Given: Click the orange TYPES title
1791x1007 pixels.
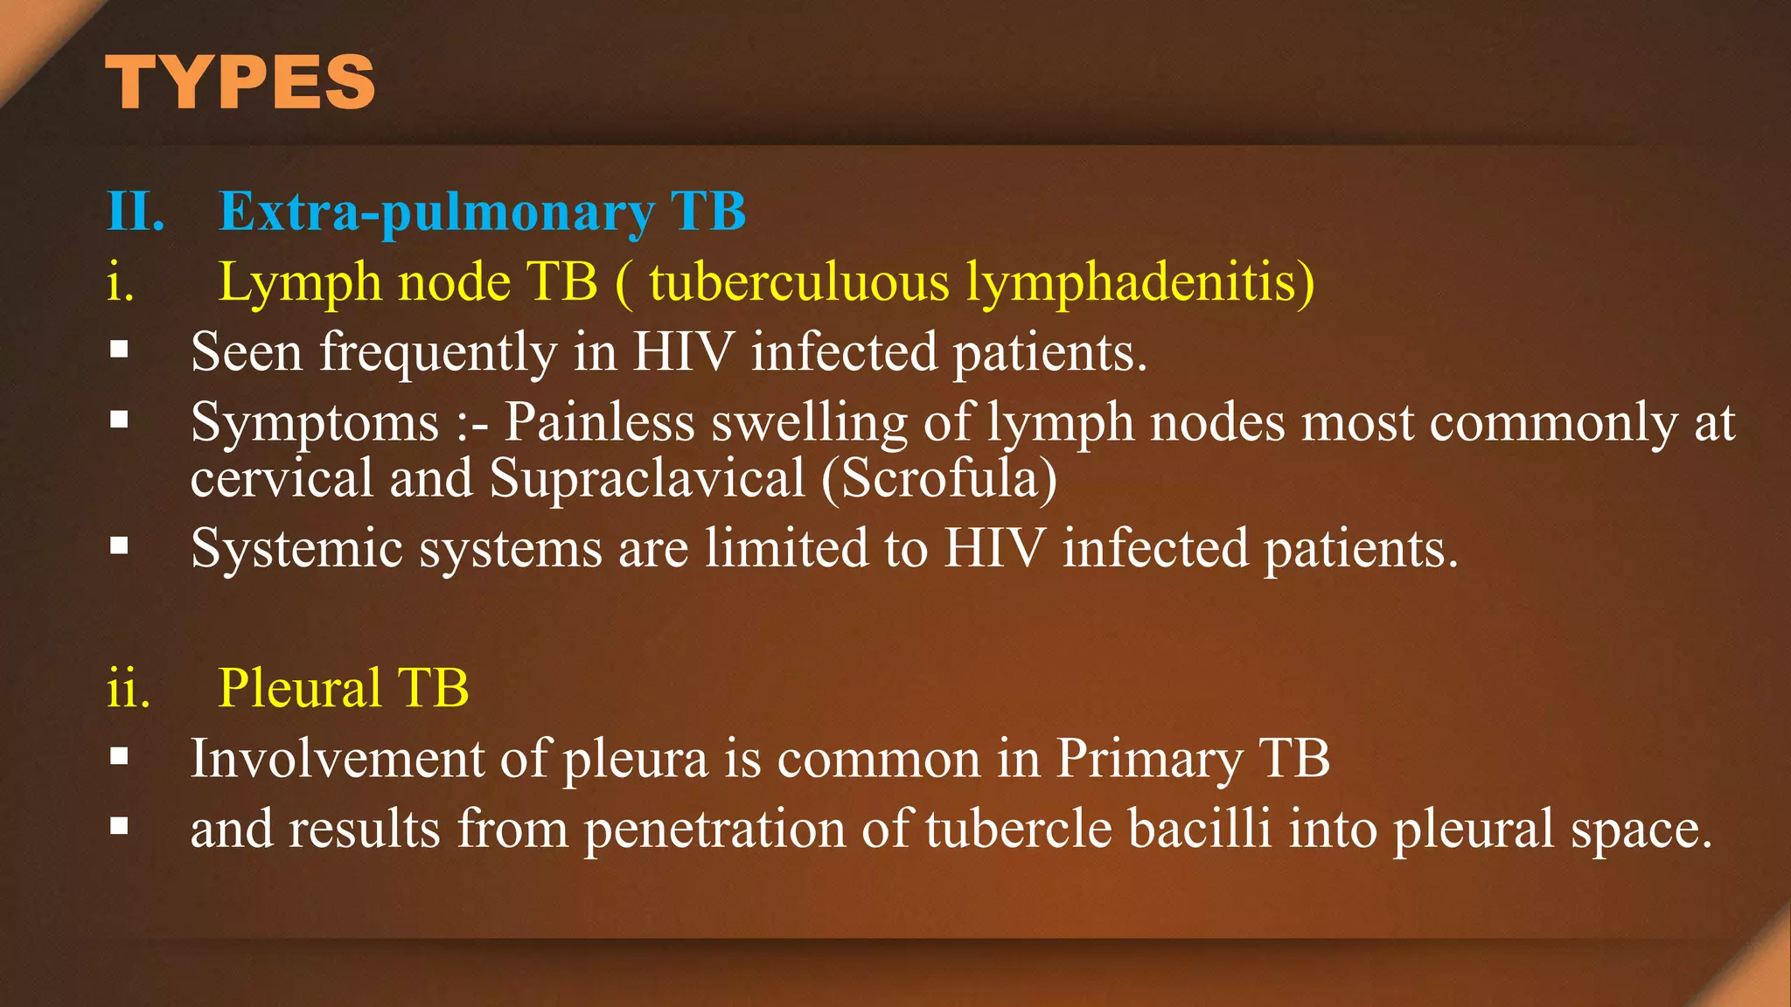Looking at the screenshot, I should [x=240, y=82].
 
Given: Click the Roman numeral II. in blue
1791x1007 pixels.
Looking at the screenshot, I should [x=136, y=212].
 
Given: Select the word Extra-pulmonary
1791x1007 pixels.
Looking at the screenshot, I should [x=436, y=212].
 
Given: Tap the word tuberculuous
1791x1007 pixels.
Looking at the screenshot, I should [x=798, y=283].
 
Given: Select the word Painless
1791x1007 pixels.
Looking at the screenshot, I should [x=599, y=422].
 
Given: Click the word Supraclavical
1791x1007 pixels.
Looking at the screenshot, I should [x=647, y=479].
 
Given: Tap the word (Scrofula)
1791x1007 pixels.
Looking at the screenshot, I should [x=939, y=479].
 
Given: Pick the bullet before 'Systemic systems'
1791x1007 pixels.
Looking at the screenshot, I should [x=120, y=547].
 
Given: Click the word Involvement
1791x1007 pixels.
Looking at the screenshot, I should [x=338, y=758].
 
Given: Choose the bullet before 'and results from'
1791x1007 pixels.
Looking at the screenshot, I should [x=120, y=826].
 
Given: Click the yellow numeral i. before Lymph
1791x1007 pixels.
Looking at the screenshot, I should [x=121, y=283].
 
